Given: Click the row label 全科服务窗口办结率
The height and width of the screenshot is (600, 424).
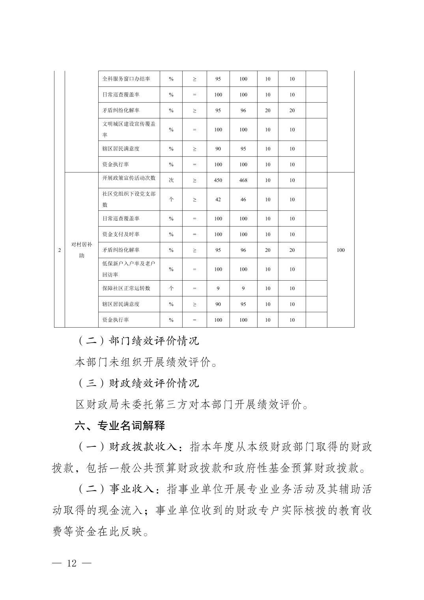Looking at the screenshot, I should coord(126,79).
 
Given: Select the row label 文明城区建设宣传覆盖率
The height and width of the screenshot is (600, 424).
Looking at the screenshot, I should coord(129,129).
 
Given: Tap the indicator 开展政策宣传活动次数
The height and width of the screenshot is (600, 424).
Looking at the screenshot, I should coord(129,178).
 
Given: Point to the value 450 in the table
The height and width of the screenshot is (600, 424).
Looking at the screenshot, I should coord(218,180).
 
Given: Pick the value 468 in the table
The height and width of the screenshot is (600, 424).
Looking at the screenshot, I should coord(243,180).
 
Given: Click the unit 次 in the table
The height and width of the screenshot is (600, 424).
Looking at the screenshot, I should coord(171,180).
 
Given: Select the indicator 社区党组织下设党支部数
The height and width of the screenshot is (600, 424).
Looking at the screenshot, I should coord(129,199).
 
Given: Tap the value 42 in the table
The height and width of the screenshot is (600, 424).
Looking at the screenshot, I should coord(218,200).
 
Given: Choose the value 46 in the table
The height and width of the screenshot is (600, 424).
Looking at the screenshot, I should coord(243,200).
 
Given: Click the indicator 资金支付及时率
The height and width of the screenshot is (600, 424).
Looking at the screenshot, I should coord(121,234).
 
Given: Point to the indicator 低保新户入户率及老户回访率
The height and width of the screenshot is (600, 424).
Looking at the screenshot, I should coord(129,269).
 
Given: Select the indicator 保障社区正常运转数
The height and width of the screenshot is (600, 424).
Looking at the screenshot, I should coord(126,288).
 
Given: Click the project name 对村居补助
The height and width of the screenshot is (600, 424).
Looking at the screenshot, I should coord(82,250).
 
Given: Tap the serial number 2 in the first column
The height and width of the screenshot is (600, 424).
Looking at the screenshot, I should coord(60,250).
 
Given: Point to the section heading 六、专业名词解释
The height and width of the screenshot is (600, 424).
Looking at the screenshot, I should coord(120,426).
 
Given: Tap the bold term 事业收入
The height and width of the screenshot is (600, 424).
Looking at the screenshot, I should coord(132,489).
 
